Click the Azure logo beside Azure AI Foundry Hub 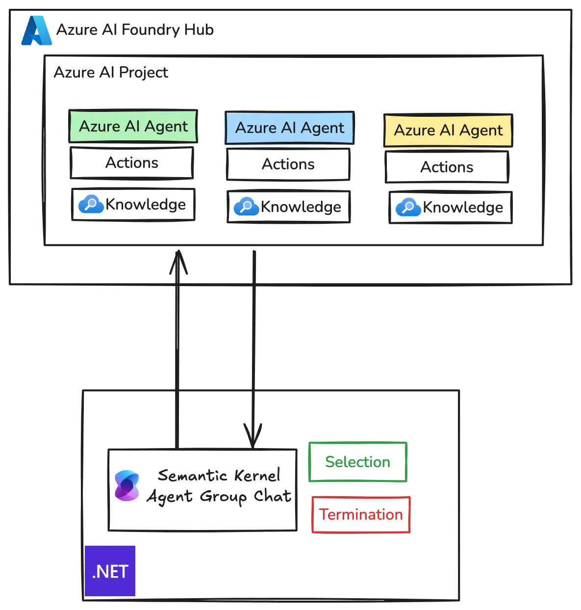pos(36,30)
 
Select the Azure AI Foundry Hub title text pos(135,30)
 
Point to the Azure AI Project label pos(111,73)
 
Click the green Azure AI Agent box pos(133,126)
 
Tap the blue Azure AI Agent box pos(289,128)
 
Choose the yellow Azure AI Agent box pos(448,131)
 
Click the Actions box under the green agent pos(132,163)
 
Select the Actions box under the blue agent pos(288,164)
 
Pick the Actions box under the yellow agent pos(447,167)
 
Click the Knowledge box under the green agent pos(133,205)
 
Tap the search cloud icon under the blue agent pos(246,207)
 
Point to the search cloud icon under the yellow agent pos(408,207)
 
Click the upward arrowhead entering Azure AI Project pos(178,260)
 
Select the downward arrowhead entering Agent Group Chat pos(253,437)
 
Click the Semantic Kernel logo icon pos(127,486)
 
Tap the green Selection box pos(358,462)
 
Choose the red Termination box pos(361,515)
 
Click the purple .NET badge pos(110,571)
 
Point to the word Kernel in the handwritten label pos(257,475)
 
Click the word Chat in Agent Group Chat pos(273,496)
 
